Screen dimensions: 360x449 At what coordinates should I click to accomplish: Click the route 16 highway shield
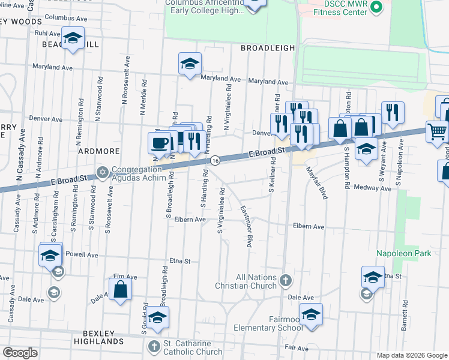coord(214,160)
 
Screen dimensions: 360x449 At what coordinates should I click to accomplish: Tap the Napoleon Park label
coord(403,254)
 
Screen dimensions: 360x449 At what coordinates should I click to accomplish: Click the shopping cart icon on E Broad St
coord(438,131)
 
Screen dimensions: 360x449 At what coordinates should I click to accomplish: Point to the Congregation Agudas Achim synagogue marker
coord(103,173)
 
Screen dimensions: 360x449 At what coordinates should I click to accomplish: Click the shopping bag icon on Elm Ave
coord(121,289)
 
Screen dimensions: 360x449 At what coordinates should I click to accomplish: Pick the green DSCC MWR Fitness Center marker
coord(377,7)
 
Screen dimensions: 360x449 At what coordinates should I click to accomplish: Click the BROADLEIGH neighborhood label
coord(268,47)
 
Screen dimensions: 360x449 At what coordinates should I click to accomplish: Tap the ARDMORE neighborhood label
coord(95,151)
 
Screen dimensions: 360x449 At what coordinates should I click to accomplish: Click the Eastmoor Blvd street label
coord(246,227)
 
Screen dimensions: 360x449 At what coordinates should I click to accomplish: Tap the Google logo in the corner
coord(20,353)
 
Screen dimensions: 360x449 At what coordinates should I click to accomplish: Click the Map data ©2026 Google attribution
coord(411,355)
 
